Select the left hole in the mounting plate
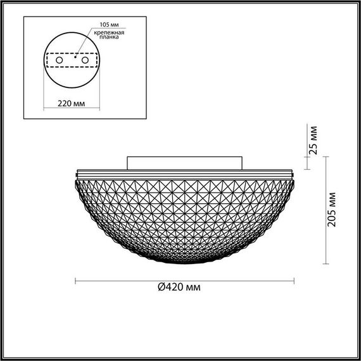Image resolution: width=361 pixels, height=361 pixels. pos(60,60)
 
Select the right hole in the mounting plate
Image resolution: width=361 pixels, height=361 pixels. pos(84,60)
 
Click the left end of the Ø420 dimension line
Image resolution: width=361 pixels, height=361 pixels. pos(75,279)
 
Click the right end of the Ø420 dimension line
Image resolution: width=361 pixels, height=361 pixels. pos(294,279)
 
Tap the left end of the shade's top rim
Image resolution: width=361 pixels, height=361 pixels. pos(76,173)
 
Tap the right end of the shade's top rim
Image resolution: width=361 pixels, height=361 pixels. pos(294,173)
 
